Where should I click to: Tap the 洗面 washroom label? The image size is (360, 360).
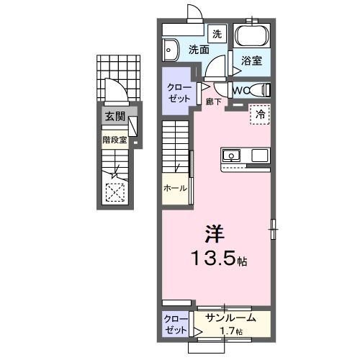199,50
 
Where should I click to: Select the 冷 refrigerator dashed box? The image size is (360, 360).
260,114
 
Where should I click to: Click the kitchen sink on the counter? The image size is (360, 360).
232,155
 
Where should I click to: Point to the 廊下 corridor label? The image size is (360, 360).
212,103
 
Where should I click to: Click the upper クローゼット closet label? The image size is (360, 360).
176,91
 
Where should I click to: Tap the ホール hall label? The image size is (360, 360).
175,188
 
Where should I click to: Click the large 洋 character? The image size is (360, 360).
215,233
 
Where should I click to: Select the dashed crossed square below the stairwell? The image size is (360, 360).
114,192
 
